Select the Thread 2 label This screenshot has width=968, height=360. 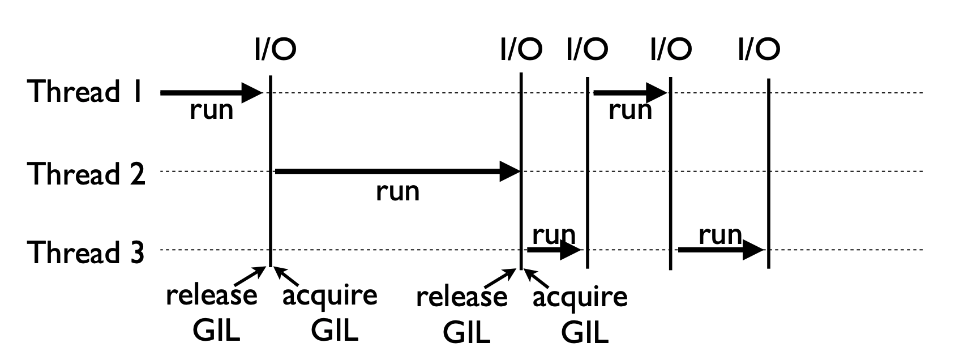pos(86,173)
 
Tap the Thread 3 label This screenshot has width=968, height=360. pos(85,252)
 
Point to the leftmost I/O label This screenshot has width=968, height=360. pos(275,49)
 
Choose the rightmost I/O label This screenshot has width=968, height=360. pos(759,49)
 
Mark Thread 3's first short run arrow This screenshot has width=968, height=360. pos(554,250)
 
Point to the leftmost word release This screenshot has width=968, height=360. pos(211,295)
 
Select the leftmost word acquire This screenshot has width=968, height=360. pos(329,295)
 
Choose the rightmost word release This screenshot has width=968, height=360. pos(461,297)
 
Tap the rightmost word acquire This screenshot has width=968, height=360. pos(580,297)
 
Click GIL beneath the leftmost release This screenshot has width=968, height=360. pos(216,329)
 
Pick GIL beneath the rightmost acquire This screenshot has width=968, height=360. pos(585,332)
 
